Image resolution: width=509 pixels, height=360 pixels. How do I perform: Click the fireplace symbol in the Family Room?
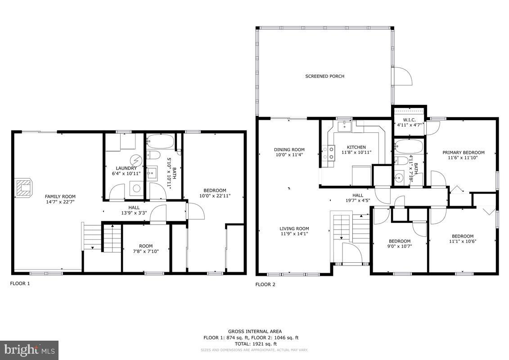point(24,188)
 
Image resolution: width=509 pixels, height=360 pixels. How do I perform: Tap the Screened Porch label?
point(324,76)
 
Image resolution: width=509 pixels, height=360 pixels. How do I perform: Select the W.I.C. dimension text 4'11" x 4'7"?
point(409,125)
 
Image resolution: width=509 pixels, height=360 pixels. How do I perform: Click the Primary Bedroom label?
point(463,153)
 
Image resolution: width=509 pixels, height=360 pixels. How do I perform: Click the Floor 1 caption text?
point(20,284)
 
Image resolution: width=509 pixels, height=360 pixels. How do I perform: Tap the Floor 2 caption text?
point(265,284)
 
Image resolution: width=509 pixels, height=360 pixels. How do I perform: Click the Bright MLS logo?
point(29,349)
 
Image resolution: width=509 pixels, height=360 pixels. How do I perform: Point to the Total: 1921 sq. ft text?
point(254,343)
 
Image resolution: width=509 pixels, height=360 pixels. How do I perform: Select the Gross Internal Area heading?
point(254,332)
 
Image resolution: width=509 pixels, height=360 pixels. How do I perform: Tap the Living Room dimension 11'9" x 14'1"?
point(294,234)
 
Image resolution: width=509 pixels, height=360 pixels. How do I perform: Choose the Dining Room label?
point(289,150)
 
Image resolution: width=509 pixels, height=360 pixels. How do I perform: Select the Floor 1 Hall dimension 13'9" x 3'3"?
point(134,213)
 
